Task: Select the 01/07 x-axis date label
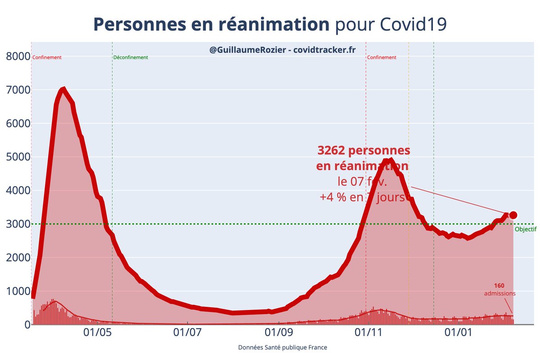click(187, 334)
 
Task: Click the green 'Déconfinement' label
click(130, 58)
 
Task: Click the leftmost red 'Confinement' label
click(47, 58)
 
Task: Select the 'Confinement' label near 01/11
click(382, 58)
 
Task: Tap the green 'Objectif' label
click(525, 229)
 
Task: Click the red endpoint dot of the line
click(513, 215)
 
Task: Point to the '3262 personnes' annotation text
click(364, 150)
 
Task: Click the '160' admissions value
click(499, 285)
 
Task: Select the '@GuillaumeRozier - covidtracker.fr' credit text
click(283, 50)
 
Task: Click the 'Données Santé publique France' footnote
click(282, 348)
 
